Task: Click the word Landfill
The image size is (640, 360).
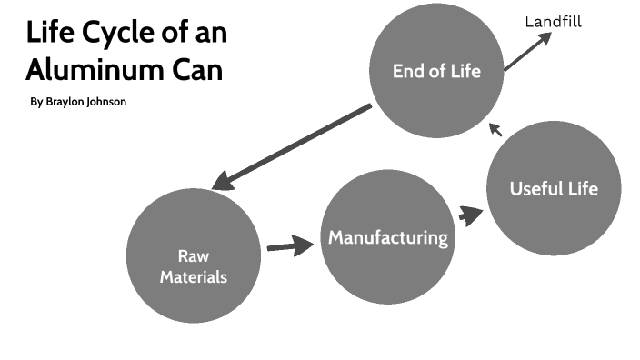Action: pyautogui.click(x=553, y=22)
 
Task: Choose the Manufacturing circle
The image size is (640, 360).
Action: pyautogui.click(x=388, y=238)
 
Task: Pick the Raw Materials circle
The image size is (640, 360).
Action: pyautogui.click(x=194, y=255)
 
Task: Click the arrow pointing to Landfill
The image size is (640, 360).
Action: pyautogui.click(x=528, y=52)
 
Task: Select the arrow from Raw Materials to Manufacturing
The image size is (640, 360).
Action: pyautogui.click(x=289, y=246)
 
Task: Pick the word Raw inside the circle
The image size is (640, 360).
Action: pyautogui.click(x=194, y=255)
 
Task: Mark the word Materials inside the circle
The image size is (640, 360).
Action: pyautogui.click(x=194, y=276)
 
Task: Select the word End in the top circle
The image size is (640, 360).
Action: pyautogui.click(x=408, y=71)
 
